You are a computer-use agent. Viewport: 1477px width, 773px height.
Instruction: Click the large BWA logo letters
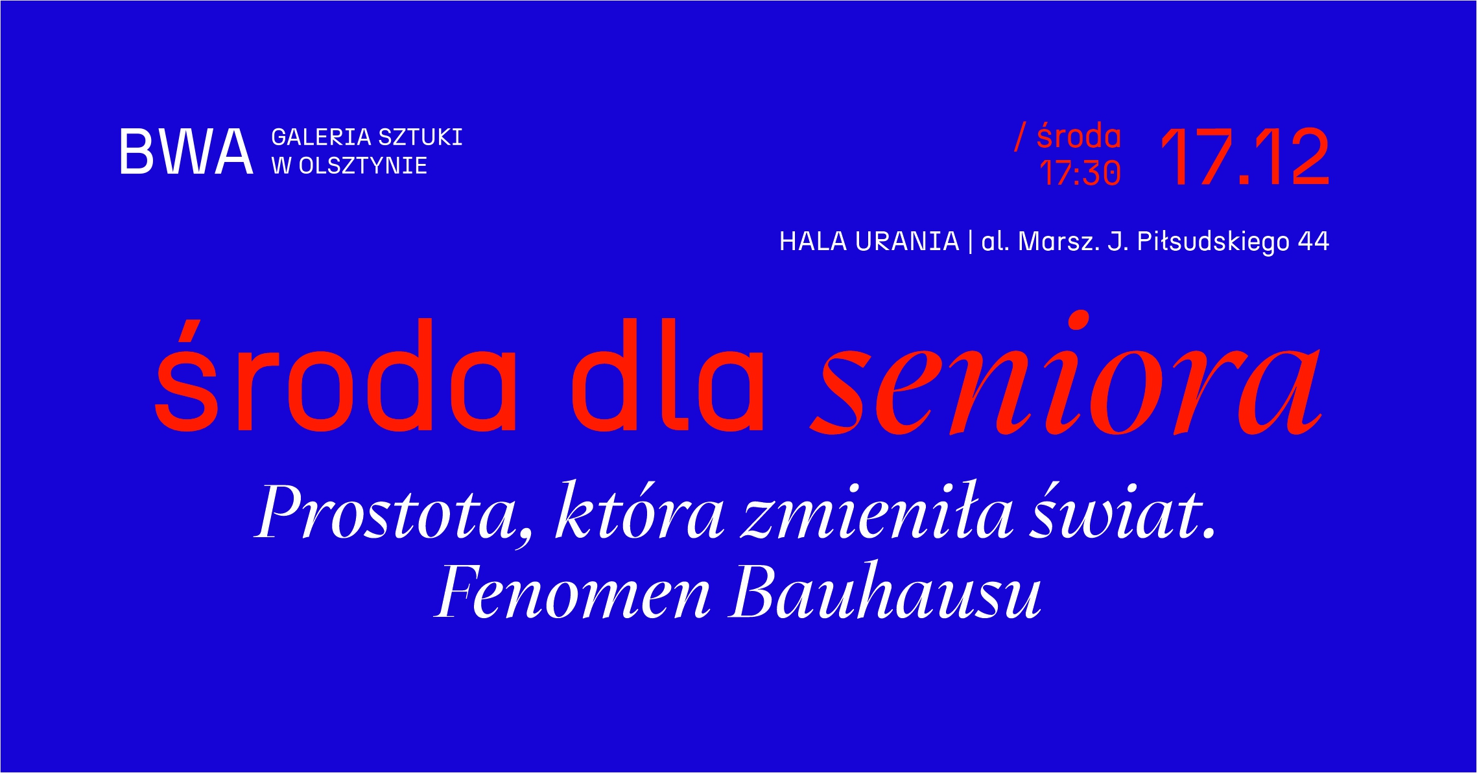click(186, 152)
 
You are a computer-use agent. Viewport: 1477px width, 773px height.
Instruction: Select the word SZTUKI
click(420, 137)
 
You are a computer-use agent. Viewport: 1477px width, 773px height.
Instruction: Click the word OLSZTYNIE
click(362, 166)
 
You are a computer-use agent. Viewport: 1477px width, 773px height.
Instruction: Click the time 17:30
click(1080, 173)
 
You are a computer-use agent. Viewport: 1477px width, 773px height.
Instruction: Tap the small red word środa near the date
click(1079, 136)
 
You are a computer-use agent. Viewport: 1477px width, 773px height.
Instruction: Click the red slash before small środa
click(1021, 137)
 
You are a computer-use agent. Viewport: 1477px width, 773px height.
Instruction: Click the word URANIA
click(907, 242)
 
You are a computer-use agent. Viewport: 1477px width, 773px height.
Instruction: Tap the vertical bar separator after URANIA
click(970, 242)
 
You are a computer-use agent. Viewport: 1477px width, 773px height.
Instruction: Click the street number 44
click(1314, 242)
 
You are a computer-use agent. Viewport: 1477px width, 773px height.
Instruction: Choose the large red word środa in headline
click(335, 376)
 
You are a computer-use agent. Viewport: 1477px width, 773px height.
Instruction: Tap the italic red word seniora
click(1065, 375)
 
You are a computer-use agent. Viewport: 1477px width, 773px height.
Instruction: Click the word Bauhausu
click(886, 590)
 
